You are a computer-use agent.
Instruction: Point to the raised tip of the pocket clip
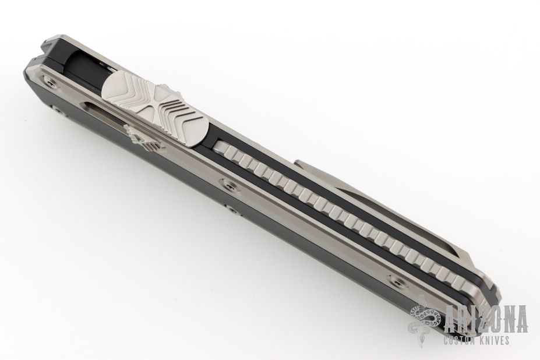pyautogui.click(x=299, y=163)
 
